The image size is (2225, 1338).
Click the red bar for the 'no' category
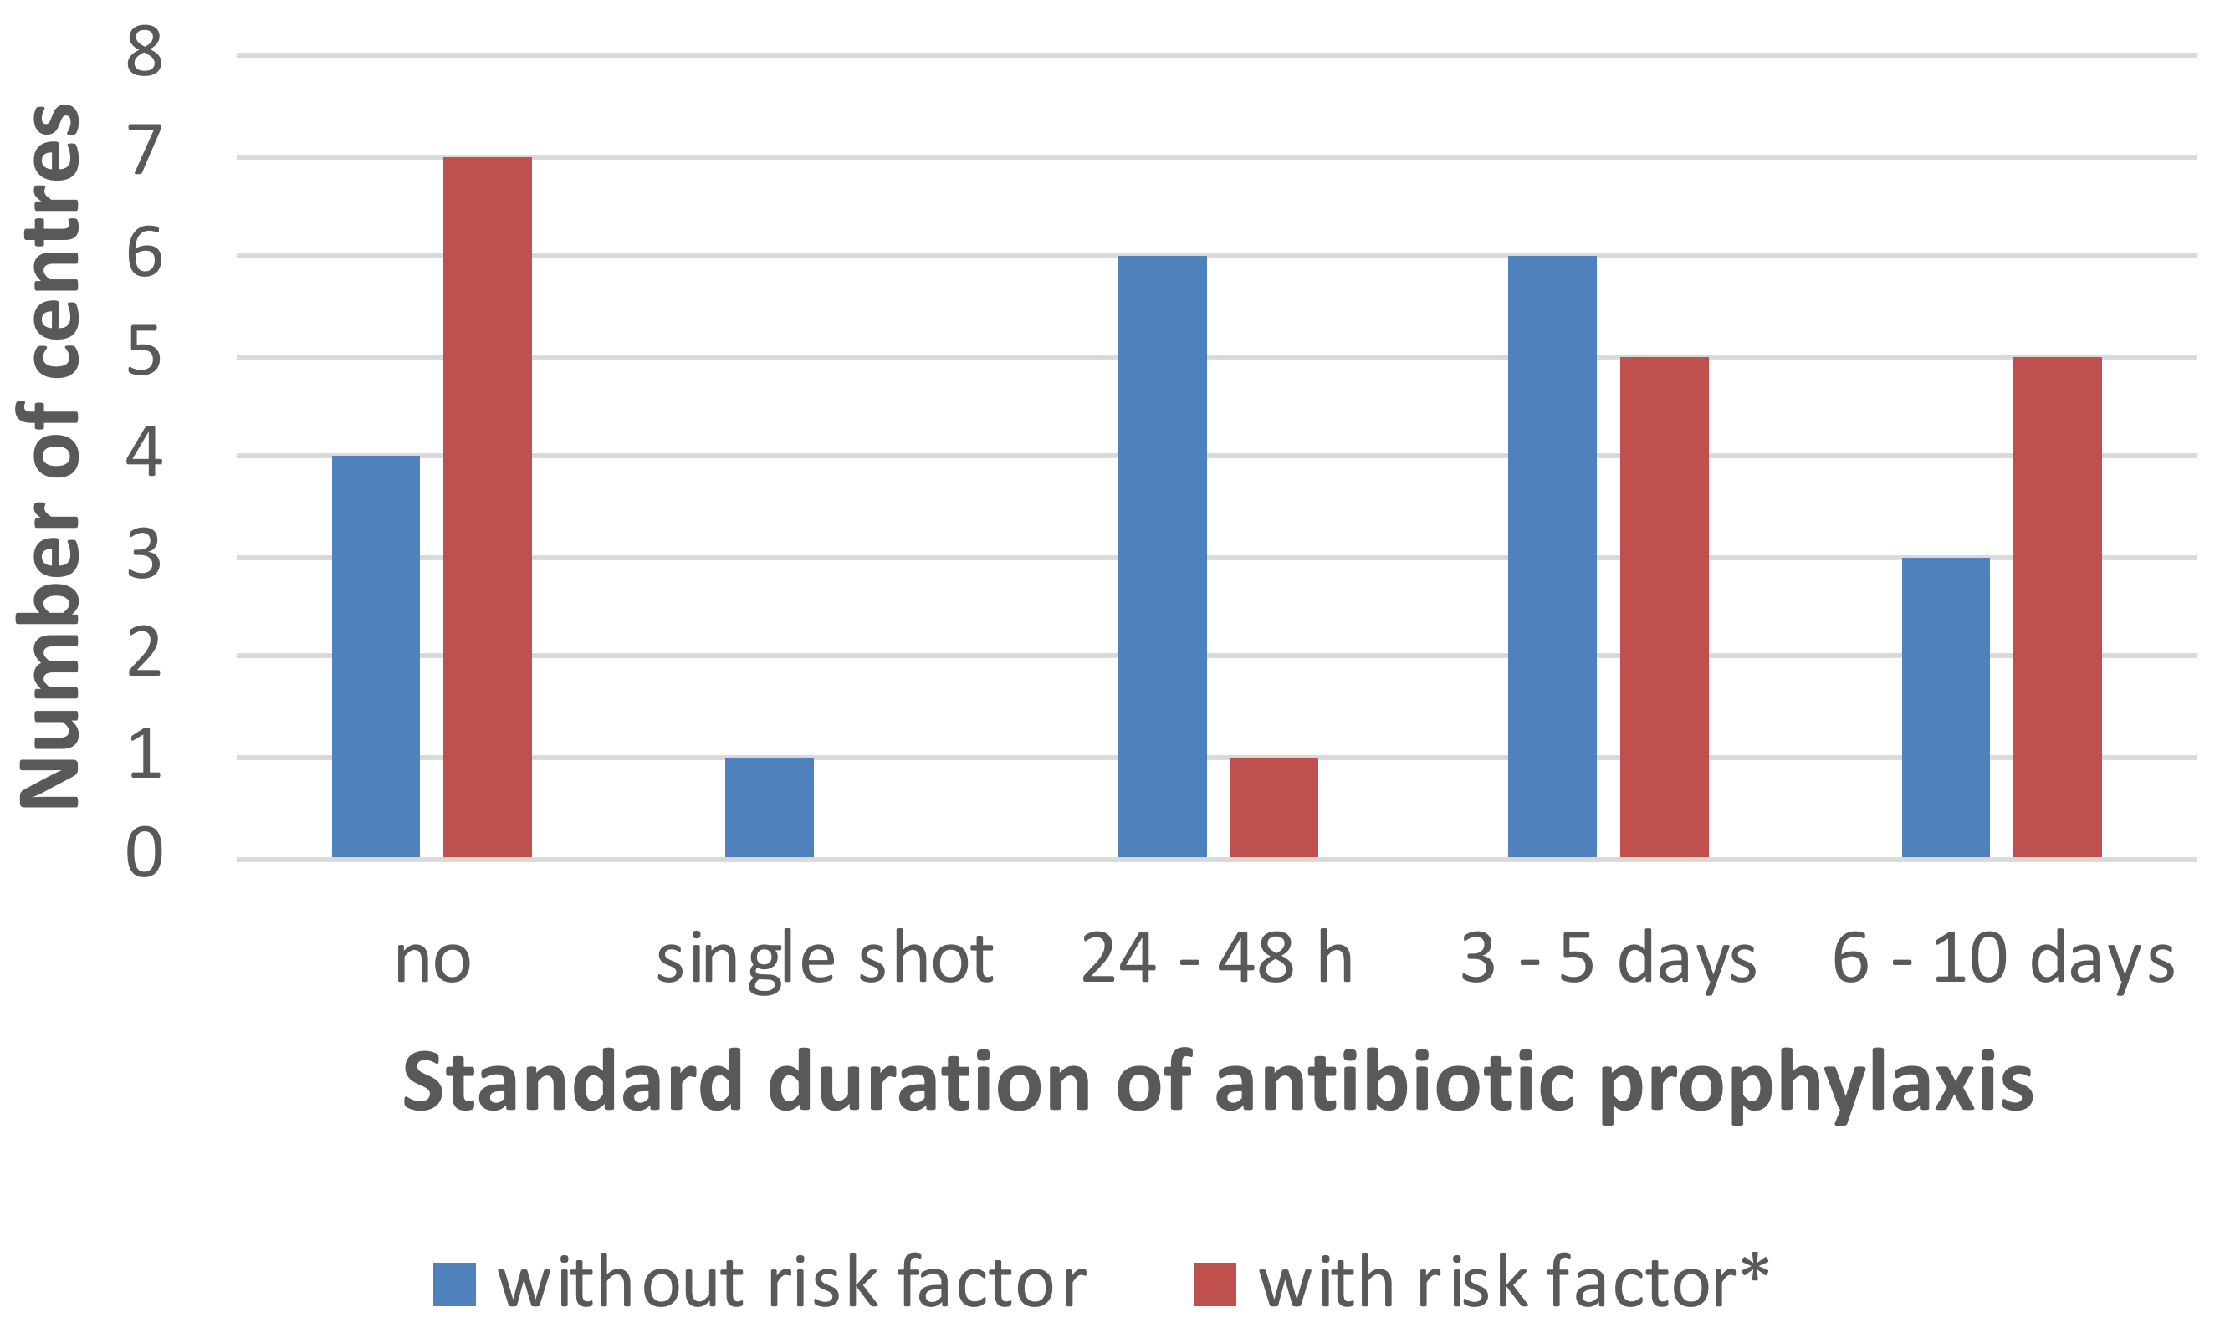point(487,507)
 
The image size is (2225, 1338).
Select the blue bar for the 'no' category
point(376,656)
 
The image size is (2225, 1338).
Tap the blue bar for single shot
point(769,807)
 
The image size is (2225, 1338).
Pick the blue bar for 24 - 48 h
point(1162,556)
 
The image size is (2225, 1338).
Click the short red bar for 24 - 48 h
point(1273,807)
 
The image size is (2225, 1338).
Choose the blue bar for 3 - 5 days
point(1552,556)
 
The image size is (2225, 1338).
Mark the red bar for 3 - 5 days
point(1664,607)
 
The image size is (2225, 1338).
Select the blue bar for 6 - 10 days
point(1946,707)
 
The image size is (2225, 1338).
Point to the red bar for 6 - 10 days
point(2057,607)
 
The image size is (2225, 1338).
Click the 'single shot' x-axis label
point(825,959)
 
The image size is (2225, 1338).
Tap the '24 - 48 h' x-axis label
point(1217,959)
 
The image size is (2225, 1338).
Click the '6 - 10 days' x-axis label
point(2003,959)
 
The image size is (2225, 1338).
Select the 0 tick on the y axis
point(145,853)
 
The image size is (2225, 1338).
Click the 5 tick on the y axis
point(145,353)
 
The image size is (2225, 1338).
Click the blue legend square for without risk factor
point(453,1284)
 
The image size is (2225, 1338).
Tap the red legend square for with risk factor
point(1214,1284)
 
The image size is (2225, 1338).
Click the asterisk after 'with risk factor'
point(1754,1268)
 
